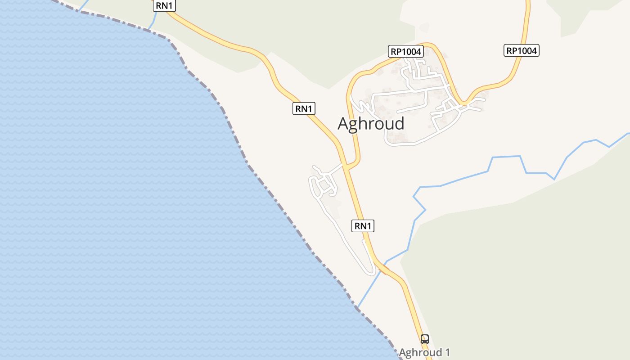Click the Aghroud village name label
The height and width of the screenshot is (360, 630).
click(x=371, y=124)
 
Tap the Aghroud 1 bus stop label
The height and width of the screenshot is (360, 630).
click(x=424, y=352)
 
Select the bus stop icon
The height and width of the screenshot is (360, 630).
click(x=424, y=339)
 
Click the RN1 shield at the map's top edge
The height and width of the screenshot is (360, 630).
click(x=164, y=6)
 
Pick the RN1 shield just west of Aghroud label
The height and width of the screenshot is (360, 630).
click(x=304, y=108)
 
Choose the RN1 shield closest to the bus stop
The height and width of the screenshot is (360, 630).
click(x=363, y=225)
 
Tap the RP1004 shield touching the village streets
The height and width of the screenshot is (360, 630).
click(x=406, y=51)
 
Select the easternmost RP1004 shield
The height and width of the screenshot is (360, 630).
click(x=522, y=50)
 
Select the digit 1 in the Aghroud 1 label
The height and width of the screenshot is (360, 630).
click(x=447, y=352)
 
